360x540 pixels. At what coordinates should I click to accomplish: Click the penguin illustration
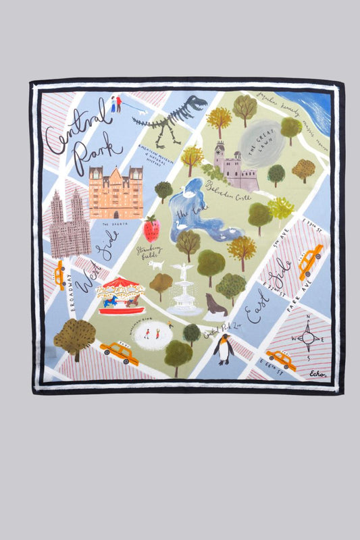[x=223, y=349]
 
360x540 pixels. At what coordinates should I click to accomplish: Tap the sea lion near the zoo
[x=216, y=304]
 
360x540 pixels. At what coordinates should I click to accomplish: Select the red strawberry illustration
[x=151, y=229]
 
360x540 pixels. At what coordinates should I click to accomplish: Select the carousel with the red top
[x=120, y=295]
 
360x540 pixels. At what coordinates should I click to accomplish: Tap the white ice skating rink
[x=152, y=335]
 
